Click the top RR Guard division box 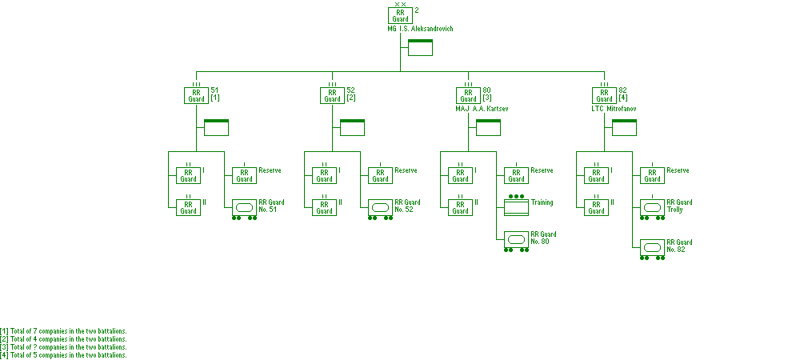[400, 15]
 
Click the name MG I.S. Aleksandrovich [420, 29]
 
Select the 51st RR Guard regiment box [196, 95]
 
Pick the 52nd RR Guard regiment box [332, 95]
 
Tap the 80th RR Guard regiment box [468, 95]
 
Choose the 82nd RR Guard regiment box [604, 95]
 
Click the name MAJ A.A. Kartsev [482, 109]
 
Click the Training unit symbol [516, 206]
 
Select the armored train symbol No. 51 [244, 209]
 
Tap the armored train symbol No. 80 [516, 241]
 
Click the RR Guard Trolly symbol [652, 209]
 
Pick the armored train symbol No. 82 [652, 250]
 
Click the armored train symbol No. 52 [380, 209]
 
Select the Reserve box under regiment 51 [244, 175]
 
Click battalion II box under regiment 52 [324, 207]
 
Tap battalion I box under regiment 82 [596, 175]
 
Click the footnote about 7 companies [63, 331]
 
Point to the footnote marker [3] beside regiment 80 [487, 98]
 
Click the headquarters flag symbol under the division [421, 47]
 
